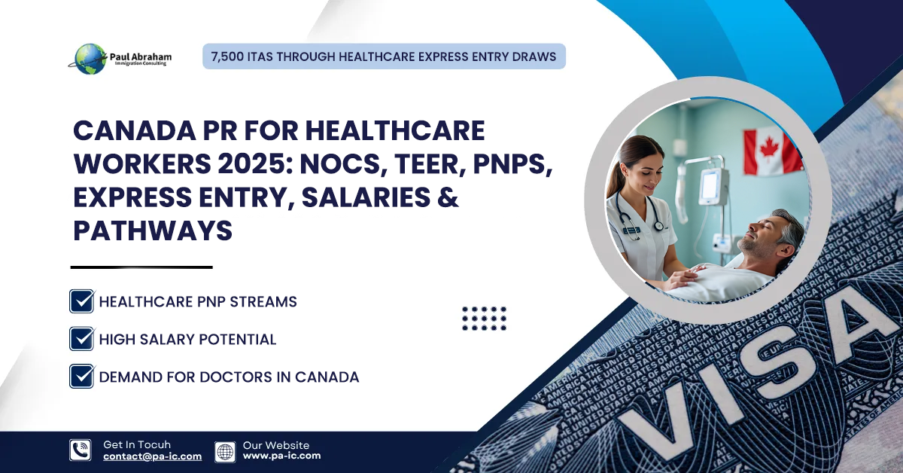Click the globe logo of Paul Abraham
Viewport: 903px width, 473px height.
click(x=90, y=58)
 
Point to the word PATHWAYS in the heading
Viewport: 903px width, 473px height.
click(x=153, y=230)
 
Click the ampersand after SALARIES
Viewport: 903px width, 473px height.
click(x=449, y=198)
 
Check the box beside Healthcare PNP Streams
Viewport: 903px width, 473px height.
click(x=81, y=301)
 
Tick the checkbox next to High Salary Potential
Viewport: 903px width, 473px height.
click(x=81, y=339)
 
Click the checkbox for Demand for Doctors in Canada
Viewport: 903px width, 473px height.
click(x=81, y=376)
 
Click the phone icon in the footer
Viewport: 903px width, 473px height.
click(x=80, y=450)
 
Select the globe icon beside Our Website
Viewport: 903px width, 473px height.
click(x=225, y=451)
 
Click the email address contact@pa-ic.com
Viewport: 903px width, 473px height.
click(x=152, y=456)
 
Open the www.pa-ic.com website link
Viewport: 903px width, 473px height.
click(x=281, y=456)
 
